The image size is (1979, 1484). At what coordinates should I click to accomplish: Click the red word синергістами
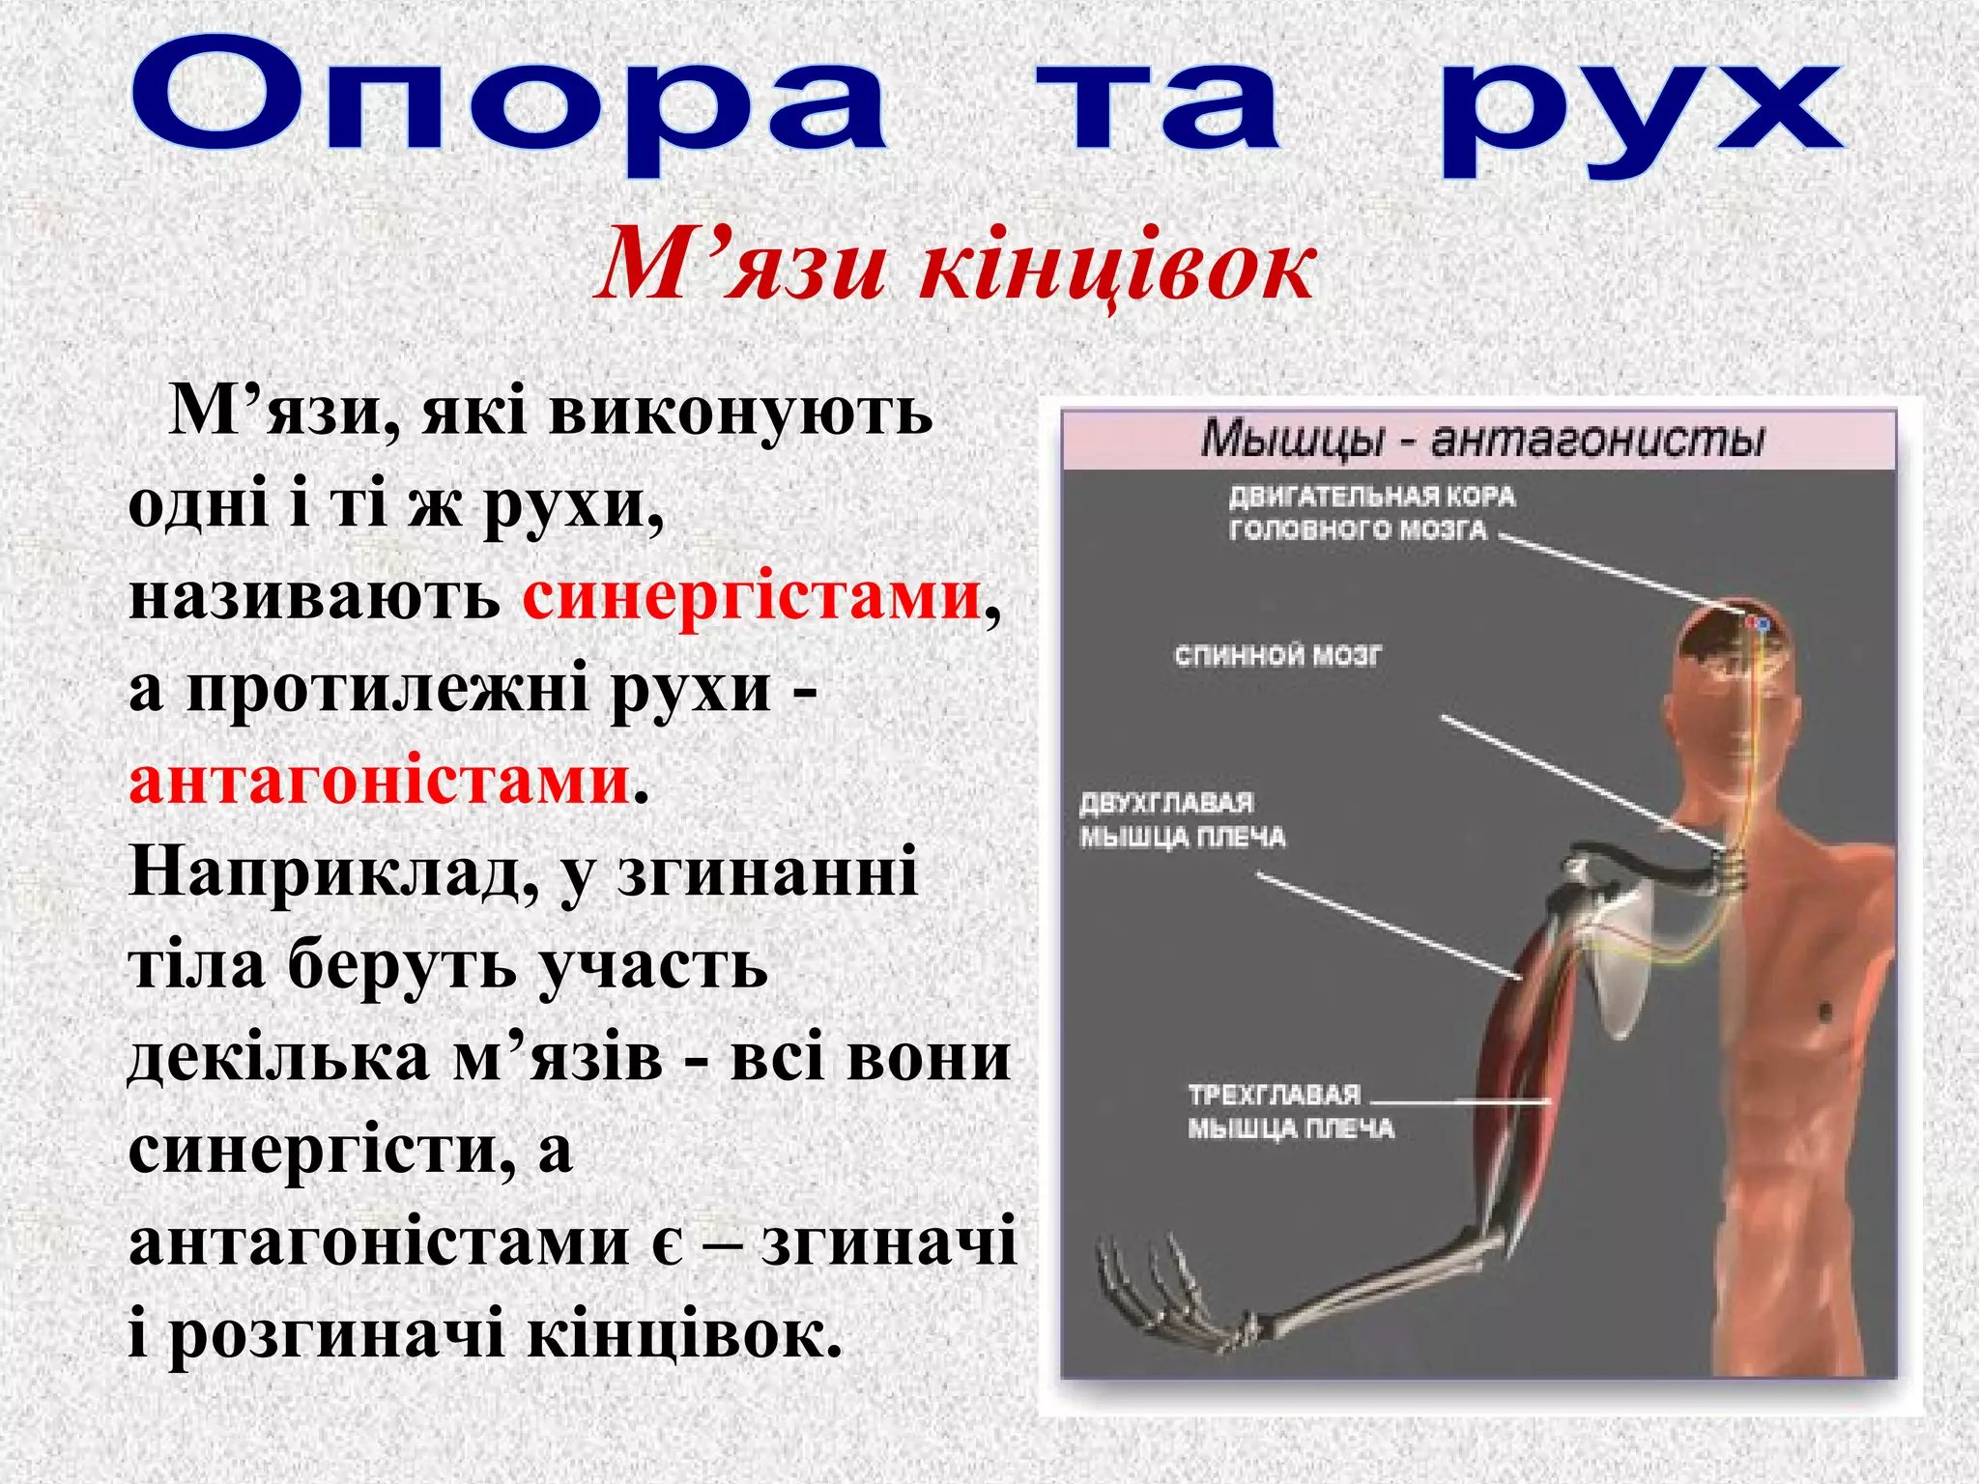pyautogui.click(x=752, y=595)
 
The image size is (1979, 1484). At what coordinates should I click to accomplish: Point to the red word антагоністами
pyautogui.click(x=380, y=781)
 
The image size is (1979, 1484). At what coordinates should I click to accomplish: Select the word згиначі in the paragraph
pyautogui.click(x=889, y=1241)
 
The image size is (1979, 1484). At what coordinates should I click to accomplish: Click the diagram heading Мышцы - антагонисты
pyautogui.click(x=1481, y=440)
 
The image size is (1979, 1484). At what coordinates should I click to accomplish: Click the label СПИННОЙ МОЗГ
pyautogui.click(x=1277, y=656)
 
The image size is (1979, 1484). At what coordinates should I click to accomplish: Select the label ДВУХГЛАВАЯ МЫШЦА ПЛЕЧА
pyautogui.click(x=1182, y=820)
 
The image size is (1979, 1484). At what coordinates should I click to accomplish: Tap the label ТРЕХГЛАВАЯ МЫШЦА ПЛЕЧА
pyautogui.click(x=1290, y=1111)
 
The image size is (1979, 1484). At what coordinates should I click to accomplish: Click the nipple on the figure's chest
pyautogui.click(x=1825, y=1013)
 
